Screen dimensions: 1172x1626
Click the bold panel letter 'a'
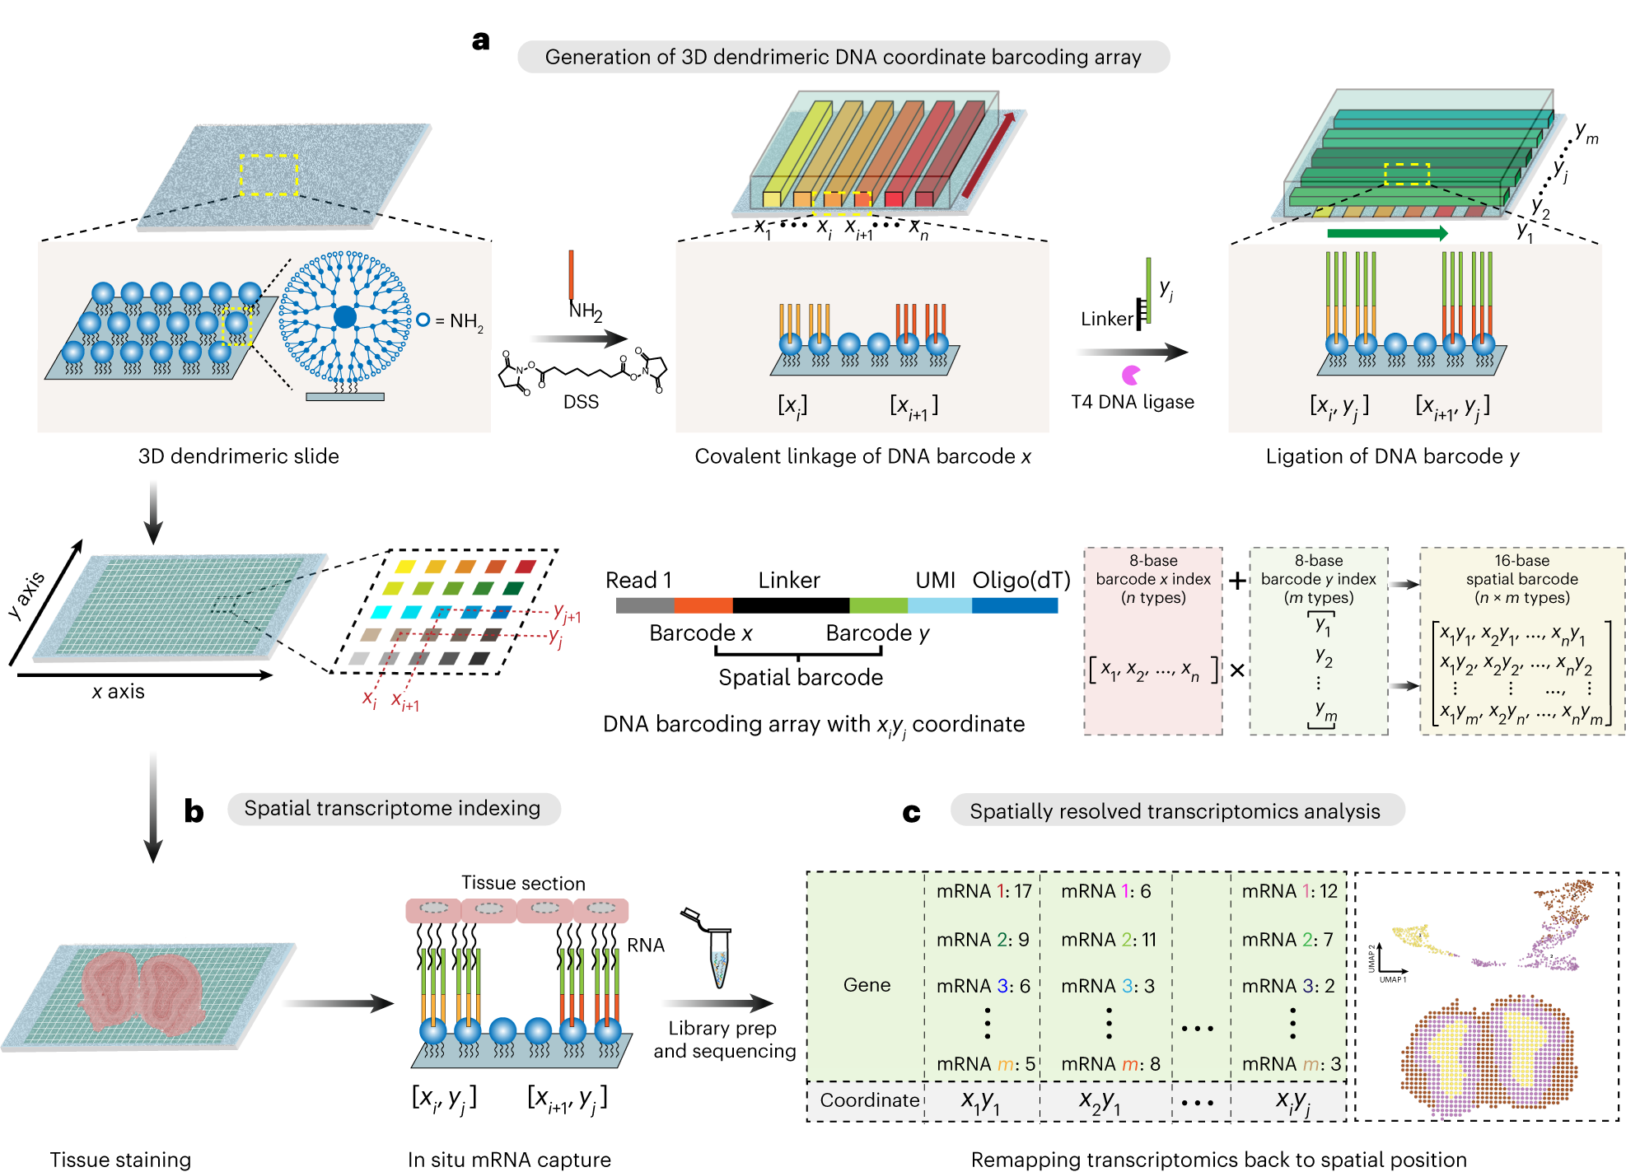480,40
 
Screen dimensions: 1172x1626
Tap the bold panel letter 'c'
911,813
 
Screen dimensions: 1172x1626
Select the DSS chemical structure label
581,402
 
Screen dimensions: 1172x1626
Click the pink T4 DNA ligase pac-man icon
1131,376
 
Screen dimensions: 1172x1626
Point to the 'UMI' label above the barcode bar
935,581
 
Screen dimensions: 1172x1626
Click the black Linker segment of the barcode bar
790,606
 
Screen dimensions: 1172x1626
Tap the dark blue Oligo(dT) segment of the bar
1014,606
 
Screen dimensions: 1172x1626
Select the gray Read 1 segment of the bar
644,606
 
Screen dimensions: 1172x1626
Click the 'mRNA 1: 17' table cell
984,891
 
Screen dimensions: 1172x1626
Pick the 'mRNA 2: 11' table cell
1108,940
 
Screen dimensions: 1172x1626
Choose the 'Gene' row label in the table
867,985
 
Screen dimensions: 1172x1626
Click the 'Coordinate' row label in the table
869,1100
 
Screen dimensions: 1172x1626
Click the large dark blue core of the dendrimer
345,317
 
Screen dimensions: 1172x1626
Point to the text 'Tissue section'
523,883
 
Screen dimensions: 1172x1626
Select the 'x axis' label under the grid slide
118,692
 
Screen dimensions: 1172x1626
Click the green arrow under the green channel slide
1387,234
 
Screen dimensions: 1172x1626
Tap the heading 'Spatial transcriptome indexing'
392,808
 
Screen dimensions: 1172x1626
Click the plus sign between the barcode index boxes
1236,581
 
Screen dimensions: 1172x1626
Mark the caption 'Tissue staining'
120,1160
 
